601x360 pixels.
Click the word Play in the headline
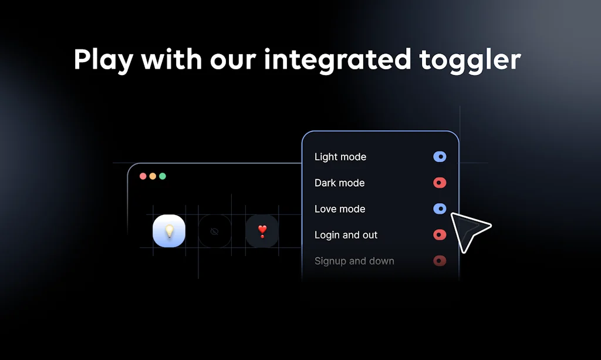103,60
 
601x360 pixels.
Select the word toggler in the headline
470,60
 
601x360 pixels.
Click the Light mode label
340,157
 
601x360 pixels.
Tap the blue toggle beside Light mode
440,156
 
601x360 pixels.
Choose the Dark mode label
340,183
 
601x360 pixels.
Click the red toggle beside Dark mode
440,183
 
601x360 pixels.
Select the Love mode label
340,209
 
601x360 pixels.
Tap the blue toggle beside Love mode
440,208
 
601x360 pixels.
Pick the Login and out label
346,235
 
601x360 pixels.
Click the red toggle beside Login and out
440,235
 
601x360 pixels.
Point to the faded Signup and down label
354,261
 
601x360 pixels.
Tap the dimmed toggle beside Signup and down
440,261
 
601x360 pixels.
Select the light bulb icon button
169,231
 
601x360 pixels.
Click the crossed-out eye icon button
215,231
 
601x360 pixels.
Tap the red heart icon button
262,231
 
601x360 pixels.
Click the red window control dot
143,176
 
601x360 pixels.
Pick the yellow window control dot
153,176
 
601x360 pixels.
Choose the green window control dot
163,176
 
